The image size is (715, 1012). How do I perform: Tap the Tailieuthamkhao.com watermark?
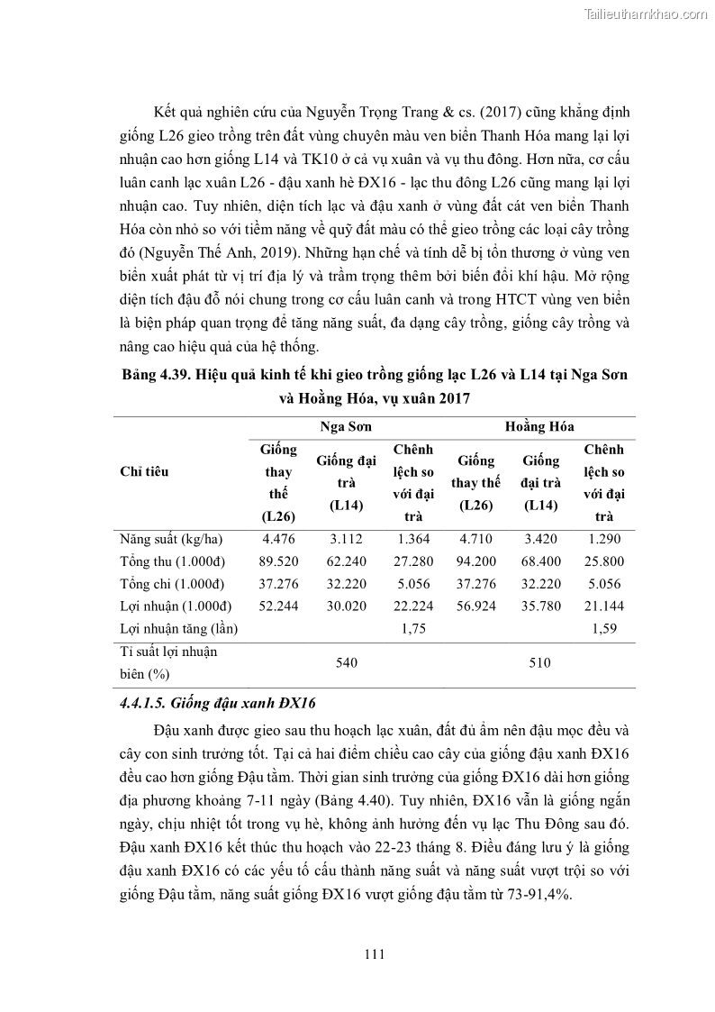[x=646, y=14]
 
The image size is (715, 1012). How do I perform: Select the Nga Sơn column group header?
[x=346, y=426]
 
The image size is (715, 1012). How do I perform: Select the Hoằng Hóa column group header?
[x=539, y=426]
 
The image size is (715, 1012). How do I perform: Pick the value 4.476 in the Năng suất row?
[x=279, y=539]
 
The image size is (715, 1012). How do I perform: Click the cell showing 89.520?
[x=279, y=561]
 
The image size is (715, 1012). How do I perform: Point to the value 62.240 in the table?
[x=346, y=561]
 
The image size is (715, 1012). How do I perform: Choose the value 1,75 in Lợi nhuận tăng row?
[x=413, y=628]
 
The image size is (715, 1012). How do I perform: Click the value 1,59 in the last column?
[x=604, y=628]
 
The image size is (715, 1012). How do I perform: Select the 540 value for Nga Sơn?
[x=346, y=662]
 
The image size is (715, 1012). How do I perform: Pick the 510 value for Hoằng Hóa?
[x=539, y=662]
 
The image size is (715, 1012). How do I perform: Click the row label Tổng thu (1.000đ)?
[x=171, y=561]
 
